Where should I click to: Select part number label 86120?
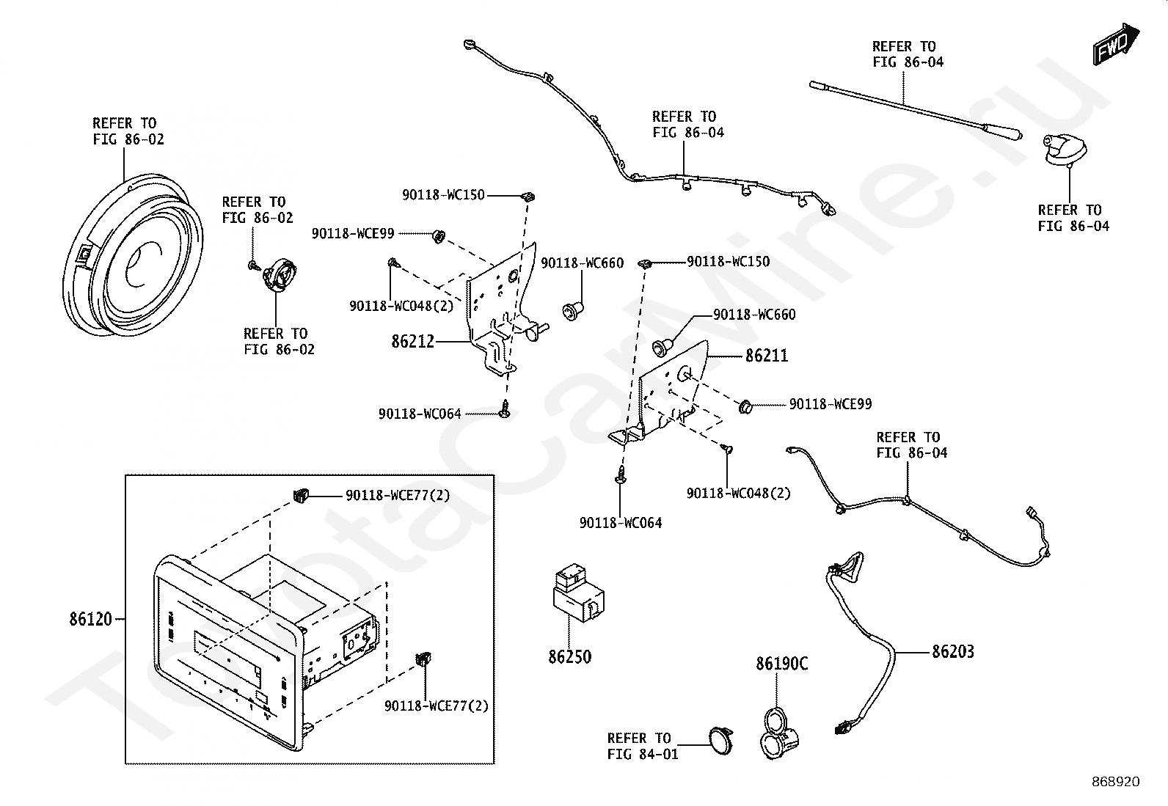pyautogui.click(x=91, y=620)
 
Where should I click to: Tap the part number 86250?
pyautogui.click(x=569, y=656)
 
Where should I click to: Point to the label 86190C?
pyautogui.click(x=782, y=664)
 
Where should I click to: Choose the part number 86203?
pyautogui.click(x=953, y=651)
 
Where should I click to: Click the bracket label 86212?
pyautogui.click(x=413, y=342)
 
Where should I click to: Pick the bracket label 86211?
pyautogui.click(x=767, y=356)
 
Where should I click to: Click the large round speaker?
pyautogui.click(x=132, y=257)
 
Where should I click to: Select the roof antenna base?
pyautogui.click(x=1061, y=150)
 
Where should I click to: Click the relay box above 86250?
pyautogui.click(x=577, y=590)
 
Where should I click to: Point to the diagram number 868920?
pyautogui.click(x=1115, y=782)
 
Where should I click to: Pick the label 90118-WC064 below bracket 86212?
pyautogui.click(x=420, y=414)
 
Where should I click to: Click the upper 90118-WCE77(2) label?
pyautogui.click(x=398, y=496)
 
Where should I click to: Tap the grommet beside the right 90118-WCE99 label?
pyautogui.click(x=745, y=404)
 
